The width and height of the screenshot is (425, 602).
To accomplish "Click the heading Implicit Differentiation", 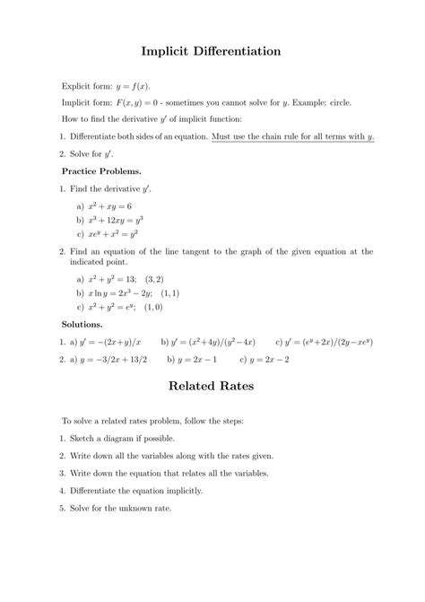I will click(212, 52).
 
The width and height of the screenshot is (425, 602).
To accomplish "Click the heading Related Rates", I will click(212, 387).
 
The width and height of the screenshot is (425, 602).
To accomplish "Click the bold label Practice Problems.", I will click(101, 170).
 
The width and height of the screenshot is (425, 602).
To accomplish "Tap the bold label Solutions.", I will click(82, 323).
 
